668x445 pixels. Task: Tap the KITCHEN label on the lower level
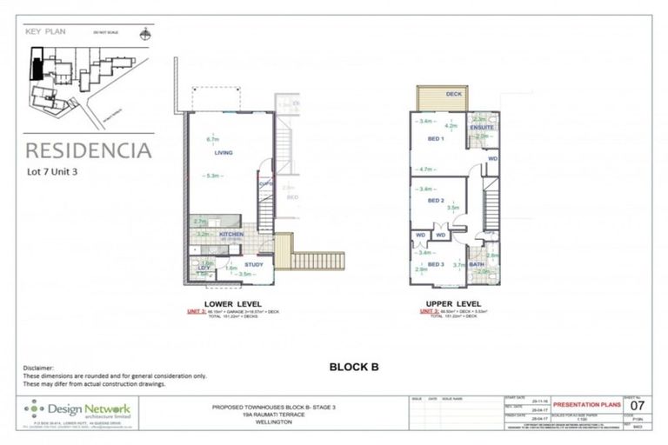[x=230, y=235]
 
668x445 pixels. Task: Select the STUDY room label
[x=253, y=264]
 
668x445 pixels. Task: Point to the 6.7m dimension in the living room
[x=211, y=139]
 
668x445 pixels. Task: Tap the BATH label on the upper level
[x=477, y=264]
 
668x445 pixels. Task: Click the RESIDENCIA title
[x=87, y=150]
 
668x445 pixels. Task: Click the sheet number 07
[x=638, y=405]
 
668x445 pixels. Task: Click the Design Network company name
[x=90, y=408]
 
